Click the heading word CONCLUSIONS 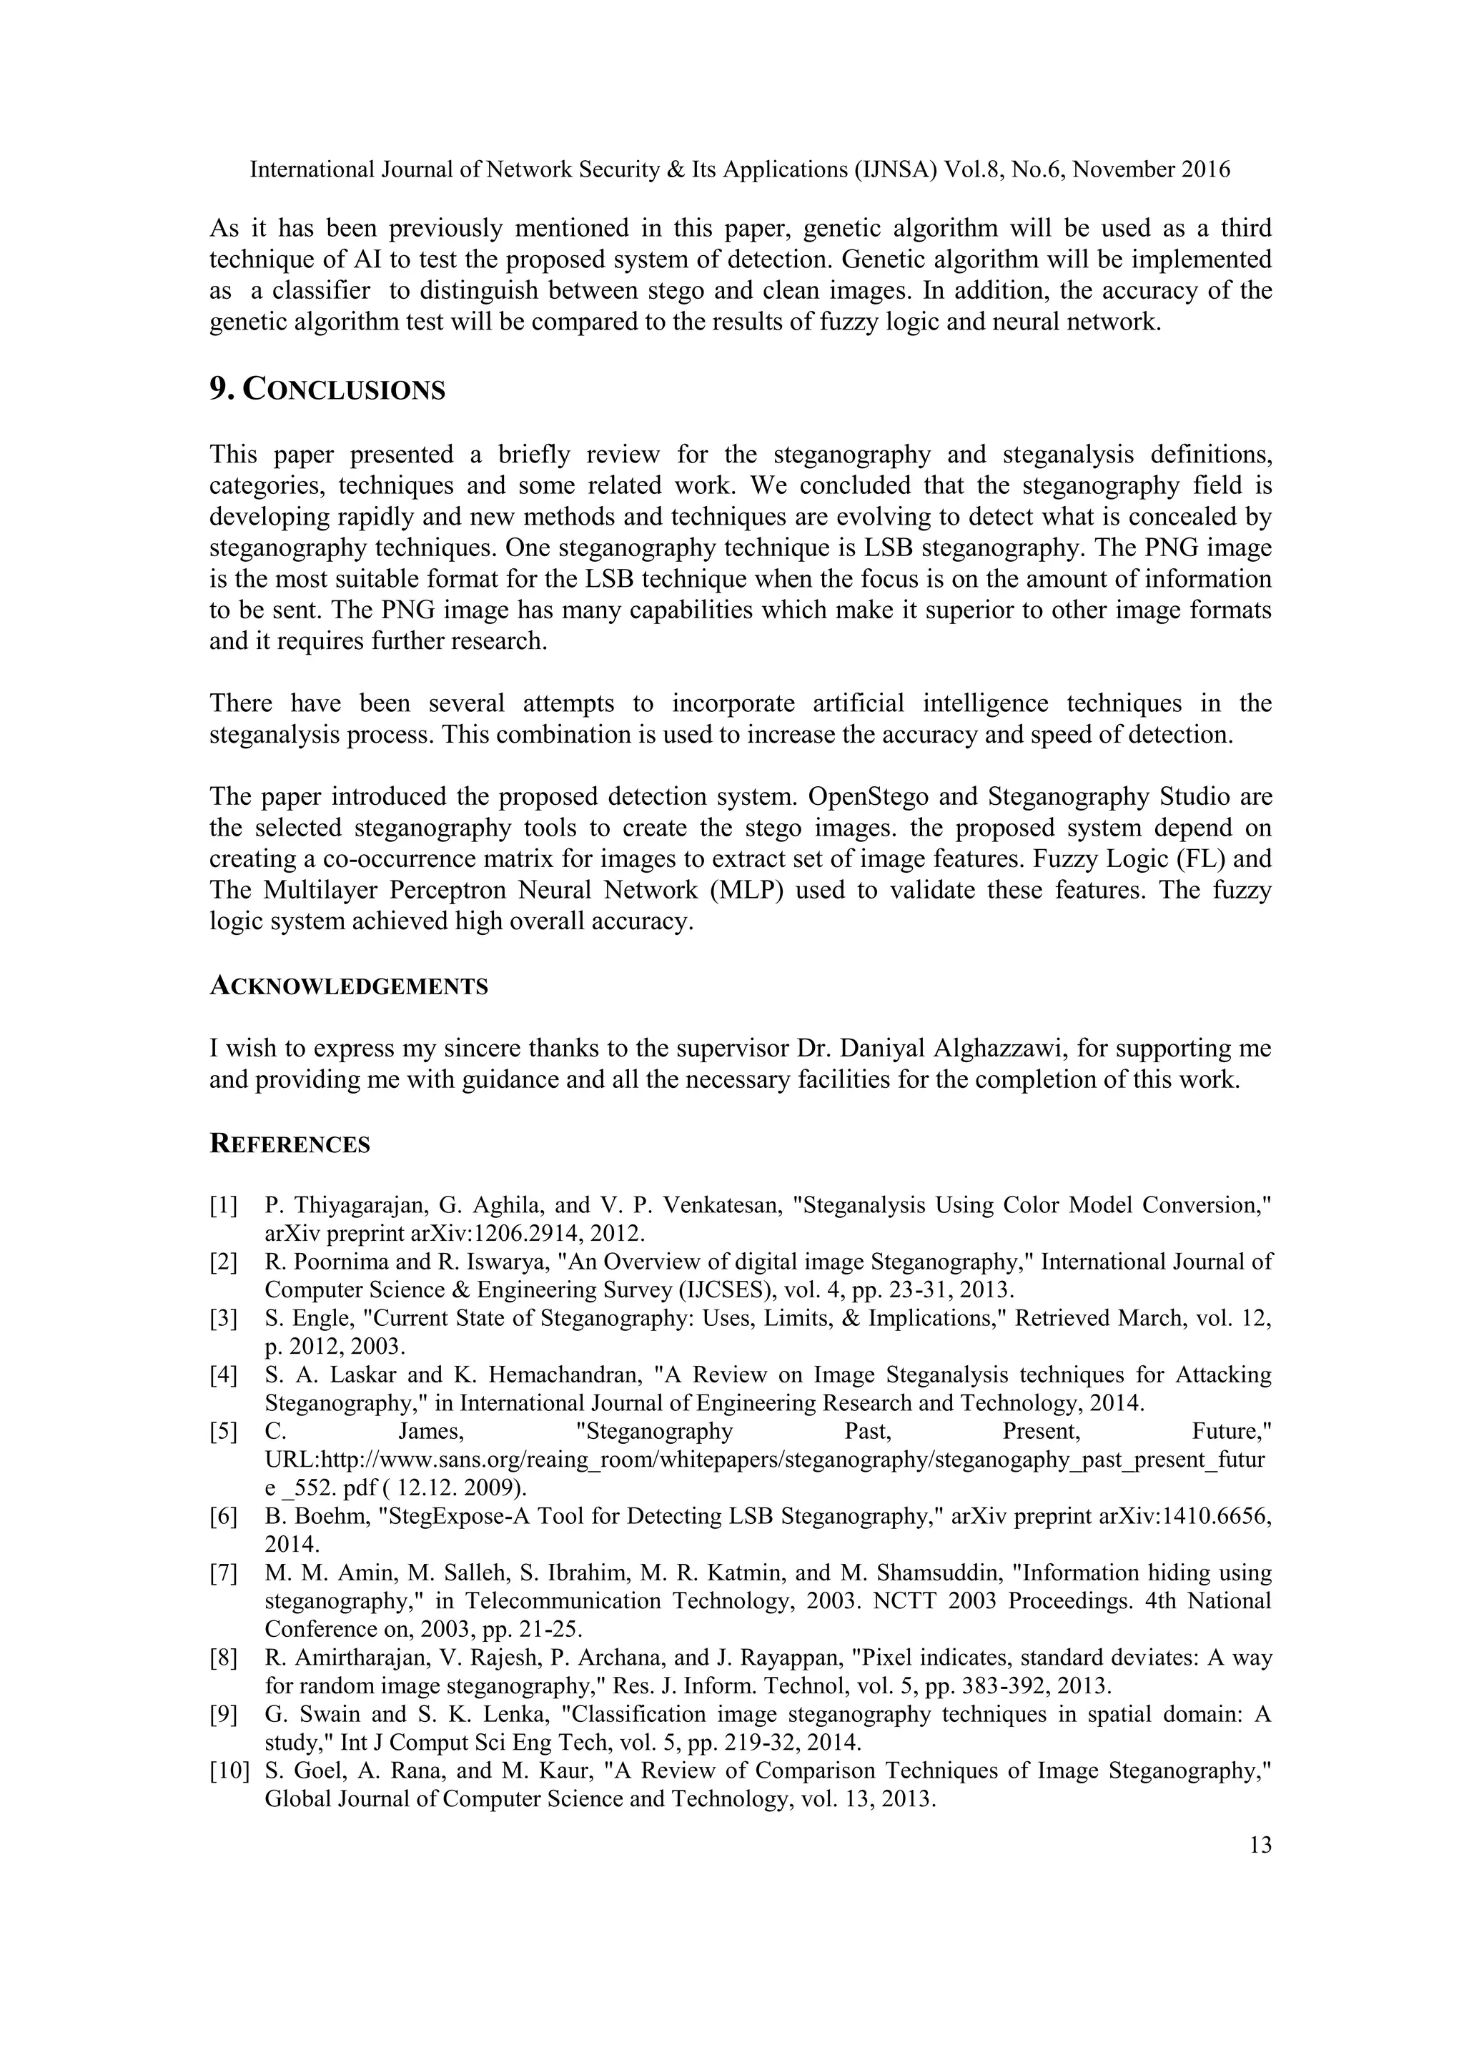click(x=345, y=390)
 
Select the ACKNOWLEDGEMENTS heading click(x=349, y=986)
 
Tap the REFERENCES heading click(x=290, y=1145)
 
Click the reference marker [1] click(x=224, y=1205)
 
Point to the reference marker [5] click(x=224, y=1432)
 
